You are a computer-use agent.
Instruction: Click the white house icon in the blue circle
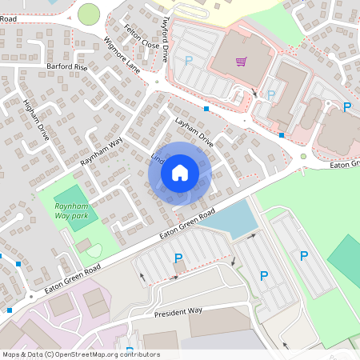point(180,172)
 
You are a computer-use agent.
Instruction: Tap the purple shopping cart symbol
point(241,61)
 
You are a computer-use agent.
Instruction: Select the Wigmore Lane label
point(122,54)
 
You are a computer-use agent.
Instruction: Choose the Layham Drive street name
point(194,127)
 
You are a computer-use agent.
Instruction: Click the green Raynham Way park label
point(70,211)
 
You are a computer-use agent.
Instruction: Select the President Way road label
point(178,311)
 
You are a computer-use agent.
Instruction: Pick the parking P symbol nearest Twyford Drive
point(189,60)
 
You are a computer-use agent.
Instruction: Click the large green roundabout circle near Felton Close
point(89,14)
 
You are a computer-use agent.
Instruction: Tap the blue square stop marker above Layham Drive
point(206,108)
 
